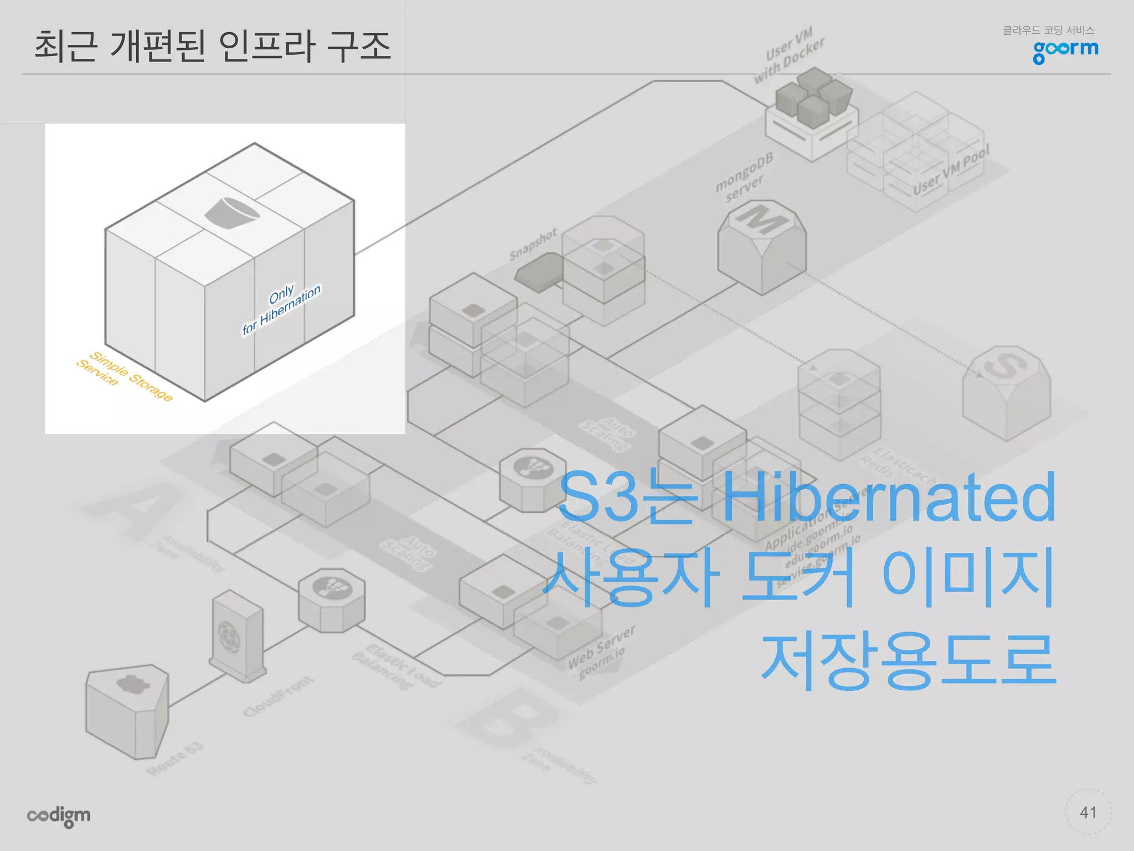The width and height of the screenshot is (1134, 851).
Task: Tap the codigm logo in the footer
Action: [x=59, y=816]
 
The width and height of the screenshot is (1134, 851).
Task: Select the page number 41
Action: [x=1088, y=812]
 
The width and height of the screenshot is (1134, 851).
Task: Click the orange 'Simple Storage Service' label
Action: [x=125, y=375]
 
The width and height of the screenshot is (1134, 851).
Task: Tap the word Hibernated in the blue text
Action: [x=889, y=497]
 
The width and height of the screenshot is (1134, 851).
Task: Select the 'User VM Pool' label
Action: [x=951, y=171]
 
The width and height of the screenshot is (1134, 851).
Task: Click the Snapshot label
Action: [x=533, y=244]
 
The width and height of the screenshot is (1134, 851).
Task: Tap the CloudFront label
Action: [x=279, y=696]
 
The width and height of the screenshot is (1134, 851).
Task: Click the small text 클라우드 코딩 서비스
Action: [x=1048, y=30]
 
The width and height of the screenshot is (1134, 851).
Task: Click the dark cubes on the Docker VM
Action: [x=813, y=95]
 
